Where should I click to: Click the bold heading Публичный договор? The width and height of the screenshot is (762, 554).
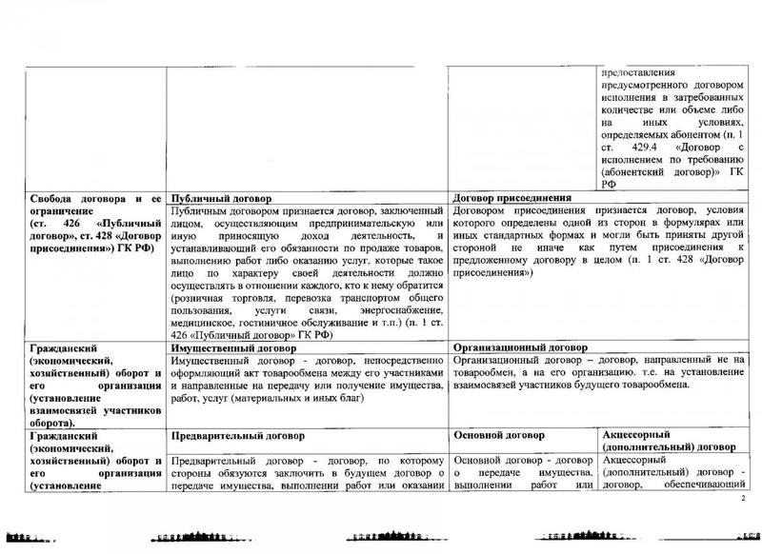coord(214,198)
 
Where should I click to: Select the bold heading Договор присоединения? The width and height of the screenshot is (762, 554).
coord(515,198)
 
